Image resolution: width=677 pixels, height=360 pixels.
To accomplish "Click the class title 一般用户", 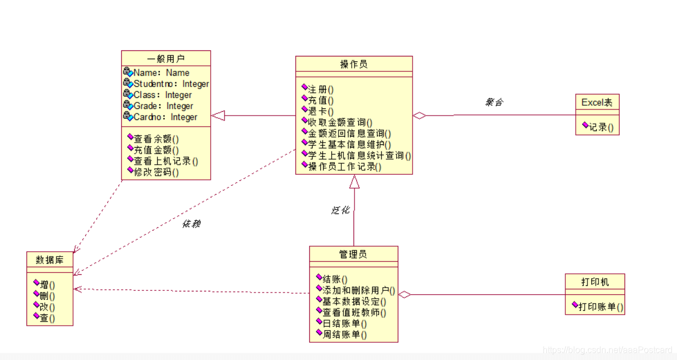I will [x=166, y=59].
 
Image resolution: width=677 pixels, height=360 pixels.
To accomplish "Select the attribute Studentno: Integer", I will [x=171, y=84].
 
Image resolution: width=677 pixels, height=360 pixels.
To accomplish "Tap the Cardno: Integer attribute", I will [x=165, y=117].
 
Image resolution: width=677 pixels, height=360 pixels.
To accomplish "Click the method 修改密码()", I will [x=157, y=172].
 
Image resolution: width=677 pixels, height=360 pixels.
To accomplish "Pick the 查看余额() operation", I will [x=157, y=139].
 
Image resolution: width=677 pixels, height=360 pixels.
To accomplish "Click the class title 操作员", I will [x=353, y=64].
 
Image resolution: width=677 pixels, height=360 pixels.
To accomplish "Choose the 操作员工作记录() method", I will [x=344, y=166].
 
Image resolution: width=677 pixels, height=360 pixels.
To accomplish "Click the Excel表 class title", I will [x=597, y=102].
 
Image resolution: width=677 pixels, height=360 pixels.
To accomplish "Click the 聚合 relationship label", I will [x=494, y=102].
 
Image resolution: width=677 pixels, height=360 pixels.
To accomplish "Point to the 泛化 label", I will [x=340, y=210].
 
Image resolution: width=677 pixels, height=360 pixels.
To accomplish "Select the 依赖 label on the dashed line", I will [x=191, y=224].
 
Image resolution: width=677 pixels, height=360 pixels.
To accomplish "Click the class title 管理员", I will [x=353, y=254].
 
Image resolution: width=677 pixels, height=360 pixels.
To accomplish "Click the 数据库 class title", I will [x=49, y=259].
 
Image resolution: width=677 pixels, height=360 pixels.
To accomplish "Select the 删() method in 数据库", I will [x=47, y=296].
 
